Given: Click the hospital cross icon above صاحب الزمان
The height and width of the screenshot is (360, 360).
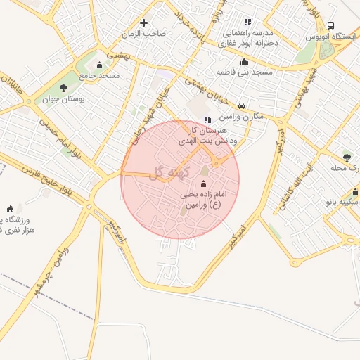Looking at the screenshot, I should (145, 22).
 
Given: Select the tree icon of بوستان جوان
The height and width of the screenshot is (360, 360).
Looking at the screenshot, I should (64, 88).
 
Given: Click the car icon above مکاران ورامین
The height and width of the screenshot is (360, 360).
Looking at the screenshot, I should (242, 105).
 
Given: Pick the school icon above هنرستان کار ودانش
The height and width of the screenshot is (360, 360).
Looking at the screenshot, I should (207, 120).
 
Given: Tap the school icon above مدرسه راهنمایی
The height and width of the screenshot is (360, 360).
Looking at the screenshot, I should (247, 22).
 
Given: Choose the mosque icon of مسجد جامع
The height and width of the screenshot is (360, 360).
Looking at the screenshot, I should (100, 65).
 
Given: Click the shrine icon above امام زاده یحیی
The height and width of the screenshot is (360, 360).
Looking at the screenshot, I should (205, 184).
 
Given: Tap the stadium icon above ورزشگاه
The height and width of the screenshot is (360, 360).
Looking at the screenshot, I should (9, 209).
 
